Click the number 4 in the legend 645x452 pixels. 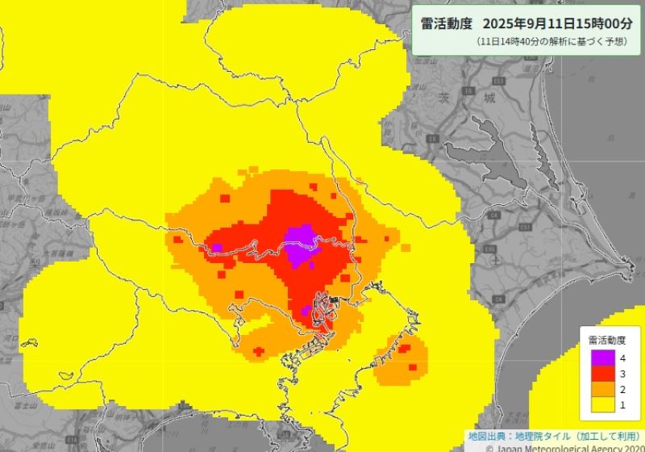tap(622, 358)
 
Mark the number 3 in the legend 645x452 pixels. tap(622, 373)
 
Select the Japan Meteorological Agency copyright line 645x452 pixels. tap(557, 446)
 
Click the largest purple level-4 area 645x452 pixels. tap(300, 244)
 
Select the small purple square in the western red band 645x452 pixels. tap(217, 248)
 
